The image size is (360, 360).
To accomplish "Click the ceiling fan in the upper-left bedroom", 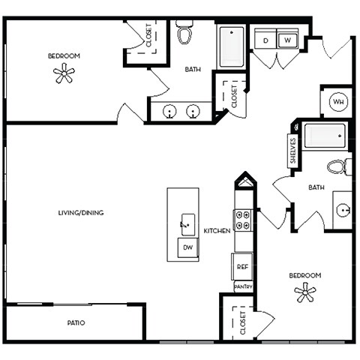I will [65, 73].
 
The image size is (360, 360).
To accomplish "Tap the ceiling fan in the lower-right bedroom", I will [305, 293].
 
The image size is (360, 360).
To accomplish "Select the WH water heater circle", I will [338, 102].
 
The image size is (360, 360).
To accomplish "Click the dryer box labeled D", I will [266, 40].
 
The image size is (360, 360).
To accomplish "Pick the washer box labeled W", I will [288, 40].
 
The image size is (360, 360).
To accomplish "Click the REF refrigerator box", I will [242, 266].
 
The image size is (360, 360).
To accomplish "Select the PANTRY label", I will [242, 286].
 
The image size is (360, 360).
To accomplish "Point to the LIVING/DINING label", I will [80, 212].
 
